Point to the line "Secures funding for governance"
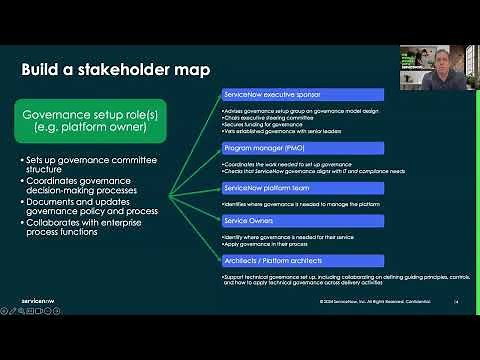pyautogui.click(x=263, y=123)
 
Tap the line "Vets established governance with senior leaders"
pyautogui.click(x=280, y=130)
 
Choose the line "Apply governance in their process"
pyautogui.click(x=262, y=243)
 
